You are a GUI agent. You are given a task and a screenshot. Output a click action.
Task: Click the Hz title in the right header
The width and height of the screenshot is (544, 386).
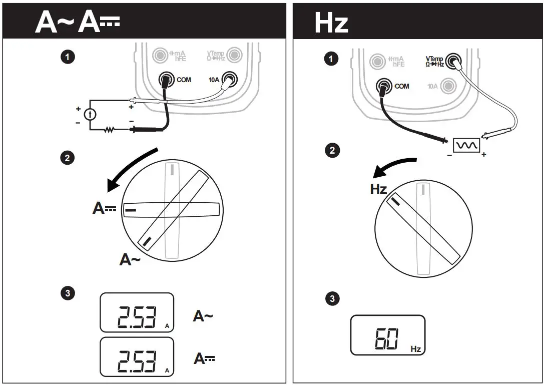(331, 23)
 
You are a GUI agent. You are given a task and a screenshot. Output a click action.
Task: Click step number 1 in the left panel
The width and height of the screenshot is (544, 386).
(68, 57)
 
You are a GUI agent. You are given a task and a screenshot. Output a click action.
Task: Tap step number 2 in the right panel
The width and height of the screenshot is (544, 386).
(332, 150)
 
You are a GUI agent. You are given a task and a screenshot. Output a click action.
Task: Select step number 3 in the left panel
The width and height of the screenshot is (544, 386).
(68, 293)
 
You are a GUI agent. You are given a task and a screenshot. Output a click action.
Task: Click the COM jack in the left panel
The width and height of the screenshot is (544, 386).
(166, 79)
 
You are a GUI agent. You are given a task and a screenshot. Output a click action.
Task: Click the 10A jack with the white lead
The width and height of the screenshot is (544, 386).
(229, 79)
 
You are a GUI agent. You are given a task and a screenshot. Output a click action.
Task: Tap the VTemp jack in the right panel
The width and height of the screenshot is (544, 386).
(453, 61)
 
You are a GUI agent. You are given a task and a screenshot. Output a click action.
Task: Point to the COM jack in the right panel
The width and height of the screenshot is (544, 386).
(384, 86)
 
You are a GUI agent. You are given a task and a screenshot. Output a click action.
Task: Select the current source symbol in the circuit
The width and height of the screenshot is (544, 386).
(90, 114)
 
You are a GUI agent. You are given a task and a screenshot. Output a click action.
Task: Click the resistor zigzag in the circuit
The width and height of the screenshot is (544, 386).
(109, 130)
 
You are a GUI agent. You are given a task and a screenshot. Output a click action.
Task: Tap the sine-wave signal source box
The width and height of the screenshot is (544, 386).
(466, 145)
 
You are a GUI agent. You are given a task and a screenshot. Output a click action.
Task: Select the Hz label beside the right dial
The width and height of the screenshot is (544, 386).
(378, 189)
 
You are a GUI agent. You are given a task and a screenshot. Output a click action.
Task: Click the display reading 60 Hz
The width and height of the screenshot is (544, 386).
(387, 335)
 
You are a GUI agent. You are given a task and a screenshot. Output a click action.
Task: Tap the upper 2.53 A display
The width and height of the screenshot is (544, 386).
(137, 312)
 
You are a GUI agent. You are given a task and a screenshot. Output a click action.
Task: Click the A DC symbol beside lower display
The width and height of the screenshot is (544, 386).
(204, 358)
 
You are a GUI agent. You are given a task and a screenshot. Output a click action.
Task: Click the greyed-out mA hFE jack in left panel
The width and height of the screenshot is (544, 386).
(160, 54)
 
